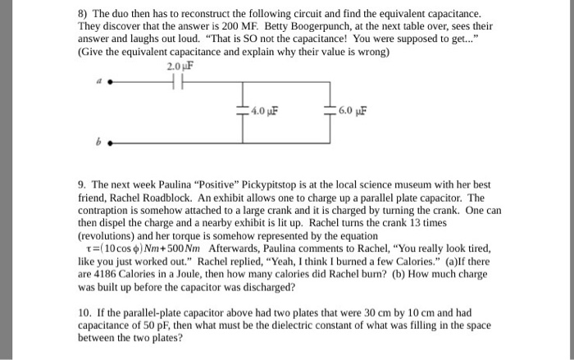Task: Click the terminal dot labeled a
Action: [x=112, y=82]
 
